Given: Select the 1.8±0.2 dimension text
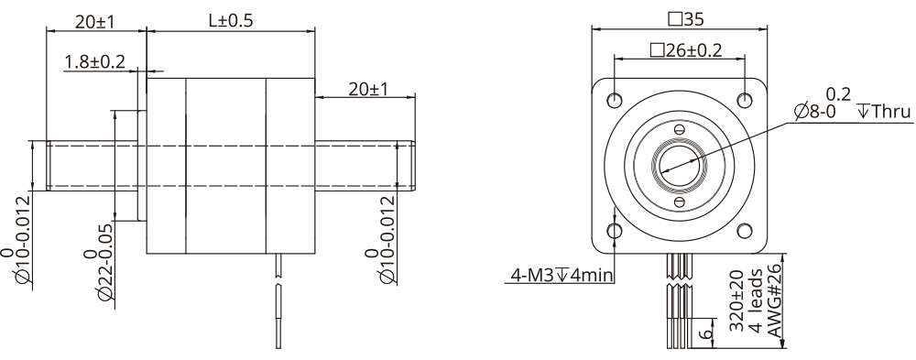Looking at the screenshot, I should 93,61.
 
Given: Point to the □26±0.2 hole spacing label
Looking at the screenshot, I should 684,50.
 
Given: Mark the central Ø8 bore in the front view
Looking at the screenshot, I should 679,164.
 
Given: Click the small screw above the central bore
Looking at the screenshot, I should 679,128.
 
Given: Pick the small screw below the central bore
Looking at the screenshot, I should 679,201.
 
